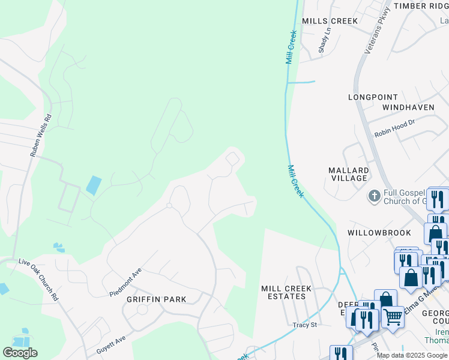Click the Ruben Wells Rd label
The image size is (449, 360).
(41, 136)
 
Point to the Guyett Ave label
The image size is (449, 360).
(111, 344)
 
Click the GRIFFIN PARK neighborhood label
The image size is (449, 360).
(155, 299)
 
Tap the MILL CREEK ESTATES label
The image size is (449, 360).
(286, 292)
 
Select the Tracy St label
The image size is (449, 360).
(304, 325)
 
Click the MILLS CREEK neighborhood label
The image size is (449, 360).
(330, 21)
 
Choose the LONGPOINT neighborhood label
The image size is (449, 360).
(373, 97)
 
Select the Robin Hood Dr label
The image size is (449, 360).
(394, 128)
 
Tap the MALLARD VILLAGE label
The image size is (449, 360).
(348, 174)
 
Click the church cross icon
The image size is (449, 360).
(374, 196)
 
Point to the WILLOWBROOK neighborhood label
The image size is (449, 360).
(379, 232)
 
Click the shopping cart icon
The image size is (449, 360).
(393, 316)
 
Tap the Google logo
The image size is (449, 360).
(20, 353)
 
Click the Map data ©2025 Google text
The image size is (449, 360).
(412, 355)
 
